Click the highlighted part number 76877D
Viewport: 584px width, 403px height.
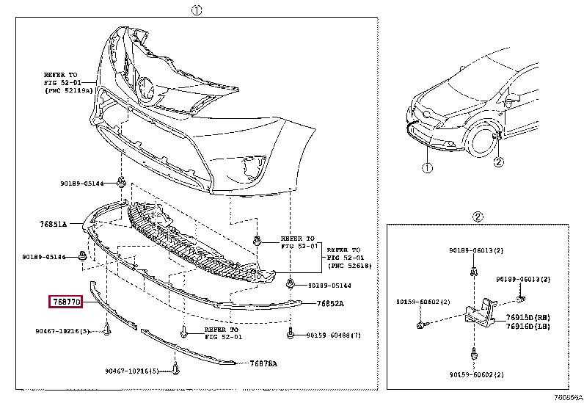tap(67, 302)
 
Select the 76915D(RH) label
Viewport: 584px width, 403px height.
tap(528, 317)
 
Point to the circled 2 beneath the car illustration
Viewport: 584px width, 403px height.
tap(499, 161)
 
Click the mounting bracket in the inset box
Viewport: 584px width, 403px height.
tap(478, 311)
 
